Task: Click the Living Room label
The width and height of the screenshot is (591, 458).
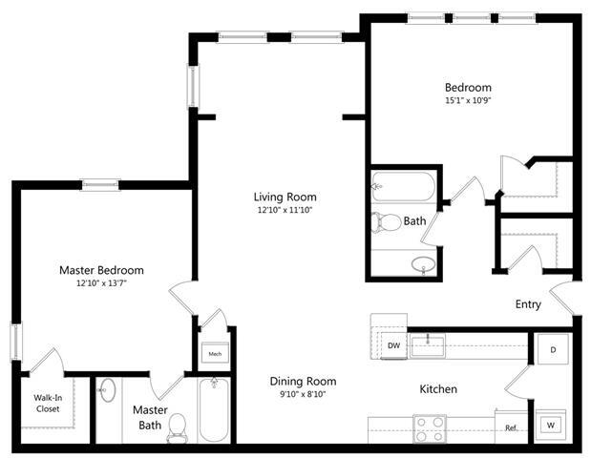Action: click(x=285, y=198)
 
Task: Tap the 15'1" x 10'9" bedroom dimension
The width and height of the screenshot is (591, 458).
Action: click(x=468, y=99)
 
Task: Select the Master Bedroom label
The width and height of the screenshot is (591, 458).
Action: click(x=101, y=270)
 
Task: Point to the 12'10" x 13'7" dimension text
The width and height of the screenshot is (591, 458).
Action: click(x=101, y=283)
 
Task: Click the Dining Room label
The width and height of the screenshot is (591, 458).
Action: click(x=302, y=381)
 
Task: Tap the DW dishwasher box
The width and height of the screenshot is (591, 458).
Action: click(x=393, y=345)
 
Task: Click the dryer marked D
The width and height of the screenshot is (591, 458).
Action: click(x=552, y=349)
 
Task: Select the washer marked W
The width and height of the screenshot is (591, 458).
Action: click(x=551, y=424)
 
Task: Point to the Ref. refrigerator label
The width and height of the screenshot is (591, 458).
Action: click(x=512, y=428)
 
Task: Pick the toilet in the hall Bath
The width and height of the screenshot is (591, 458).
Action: click(x=388, y=222)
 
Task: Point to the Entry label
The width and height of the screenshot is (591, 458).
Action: click(x=528, y=305)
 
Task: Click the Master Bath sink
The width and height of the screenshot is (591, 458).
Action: click(x=107, y=390)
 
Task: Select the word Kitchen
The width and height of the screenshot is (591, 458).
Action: click(x=438, y=389)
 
